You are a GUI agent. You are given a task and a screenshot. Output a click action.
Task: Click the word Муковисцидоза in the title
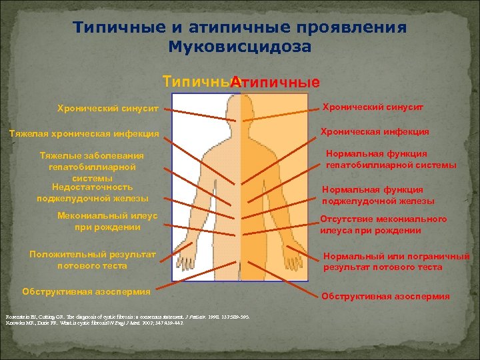240,47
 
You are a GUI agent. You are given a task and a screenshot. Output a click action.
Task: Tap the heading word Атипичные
275,83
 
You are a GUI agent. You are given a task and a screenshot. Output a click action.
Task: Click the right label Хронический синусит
373,107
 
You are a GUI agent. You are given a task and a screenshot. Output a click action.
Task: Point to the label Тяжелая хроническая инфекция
83,133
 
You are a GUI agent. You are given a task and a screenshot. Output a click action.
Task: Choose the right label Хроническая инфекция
375,132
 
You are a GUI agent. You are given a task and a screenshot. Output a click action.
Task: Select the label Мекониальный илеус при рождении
107,221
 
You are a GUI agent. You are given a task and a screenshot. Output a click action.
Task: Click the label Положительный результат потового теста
93,259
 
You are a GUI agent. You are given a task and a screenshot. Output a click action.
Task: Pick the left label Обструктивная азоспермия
86,291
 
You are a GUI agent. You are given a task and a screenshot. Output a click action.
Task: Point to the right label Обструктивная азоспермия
385,297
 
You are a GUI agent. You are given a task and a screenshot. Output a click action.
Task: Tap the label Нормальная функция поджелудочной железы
378,195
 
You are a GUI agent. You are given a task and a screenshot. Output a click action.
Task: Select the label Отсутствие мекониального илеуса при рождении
383,225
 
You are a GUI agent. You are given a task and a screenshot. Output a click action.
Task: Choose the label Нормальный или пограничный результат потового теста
396,261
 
